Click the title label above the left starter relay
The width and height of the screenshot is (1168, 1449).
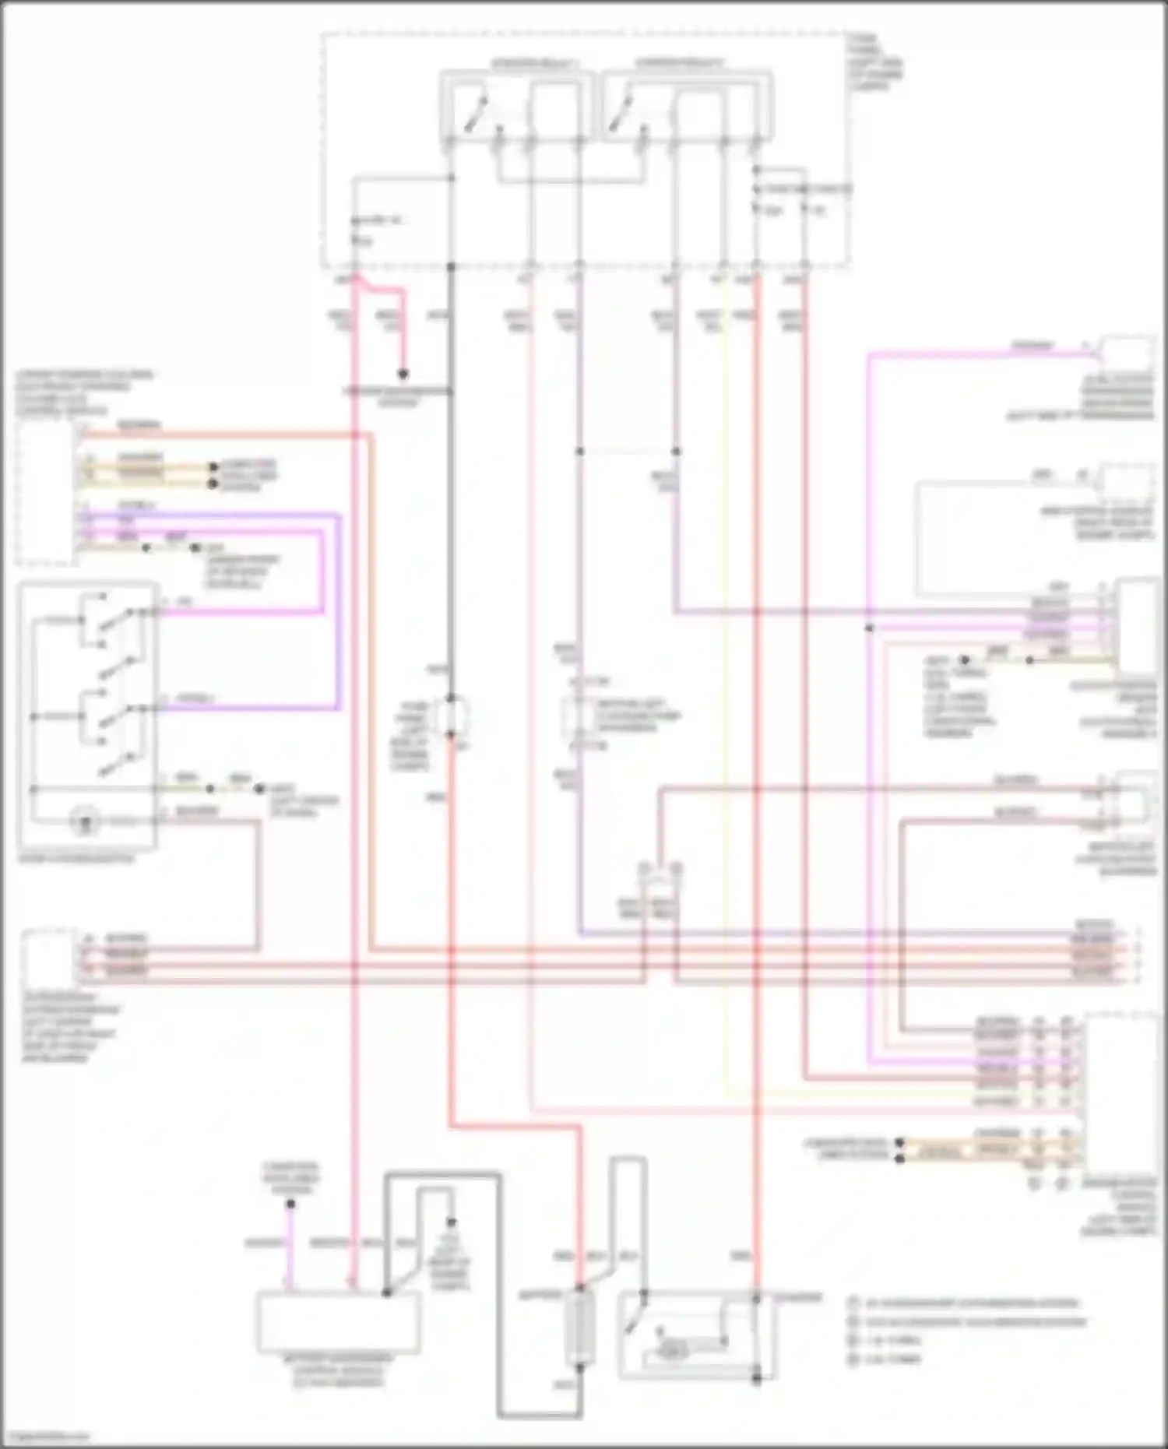click(535, 63)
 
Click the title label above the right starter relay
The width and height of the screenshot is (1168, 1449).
click(678, 63)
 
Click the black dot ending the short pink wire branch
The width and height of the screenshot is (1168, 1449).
click(403, 374)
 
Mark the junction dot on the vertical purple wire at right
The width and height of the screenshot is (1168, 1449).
click(869, 628)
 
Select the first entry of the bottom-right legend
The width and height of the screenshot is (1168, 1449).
click(962, 1302)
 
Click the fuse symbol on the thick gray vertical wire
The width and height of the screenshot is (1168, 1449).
click(451, 717)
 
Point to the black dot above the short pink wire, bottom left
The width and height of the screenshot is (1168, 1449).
click(290, 1203)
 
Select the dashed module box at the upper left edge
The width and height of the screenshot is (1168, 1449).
click(45, 494)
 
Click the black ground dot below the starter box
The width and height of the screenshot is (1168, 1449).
click(755, 1378)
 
